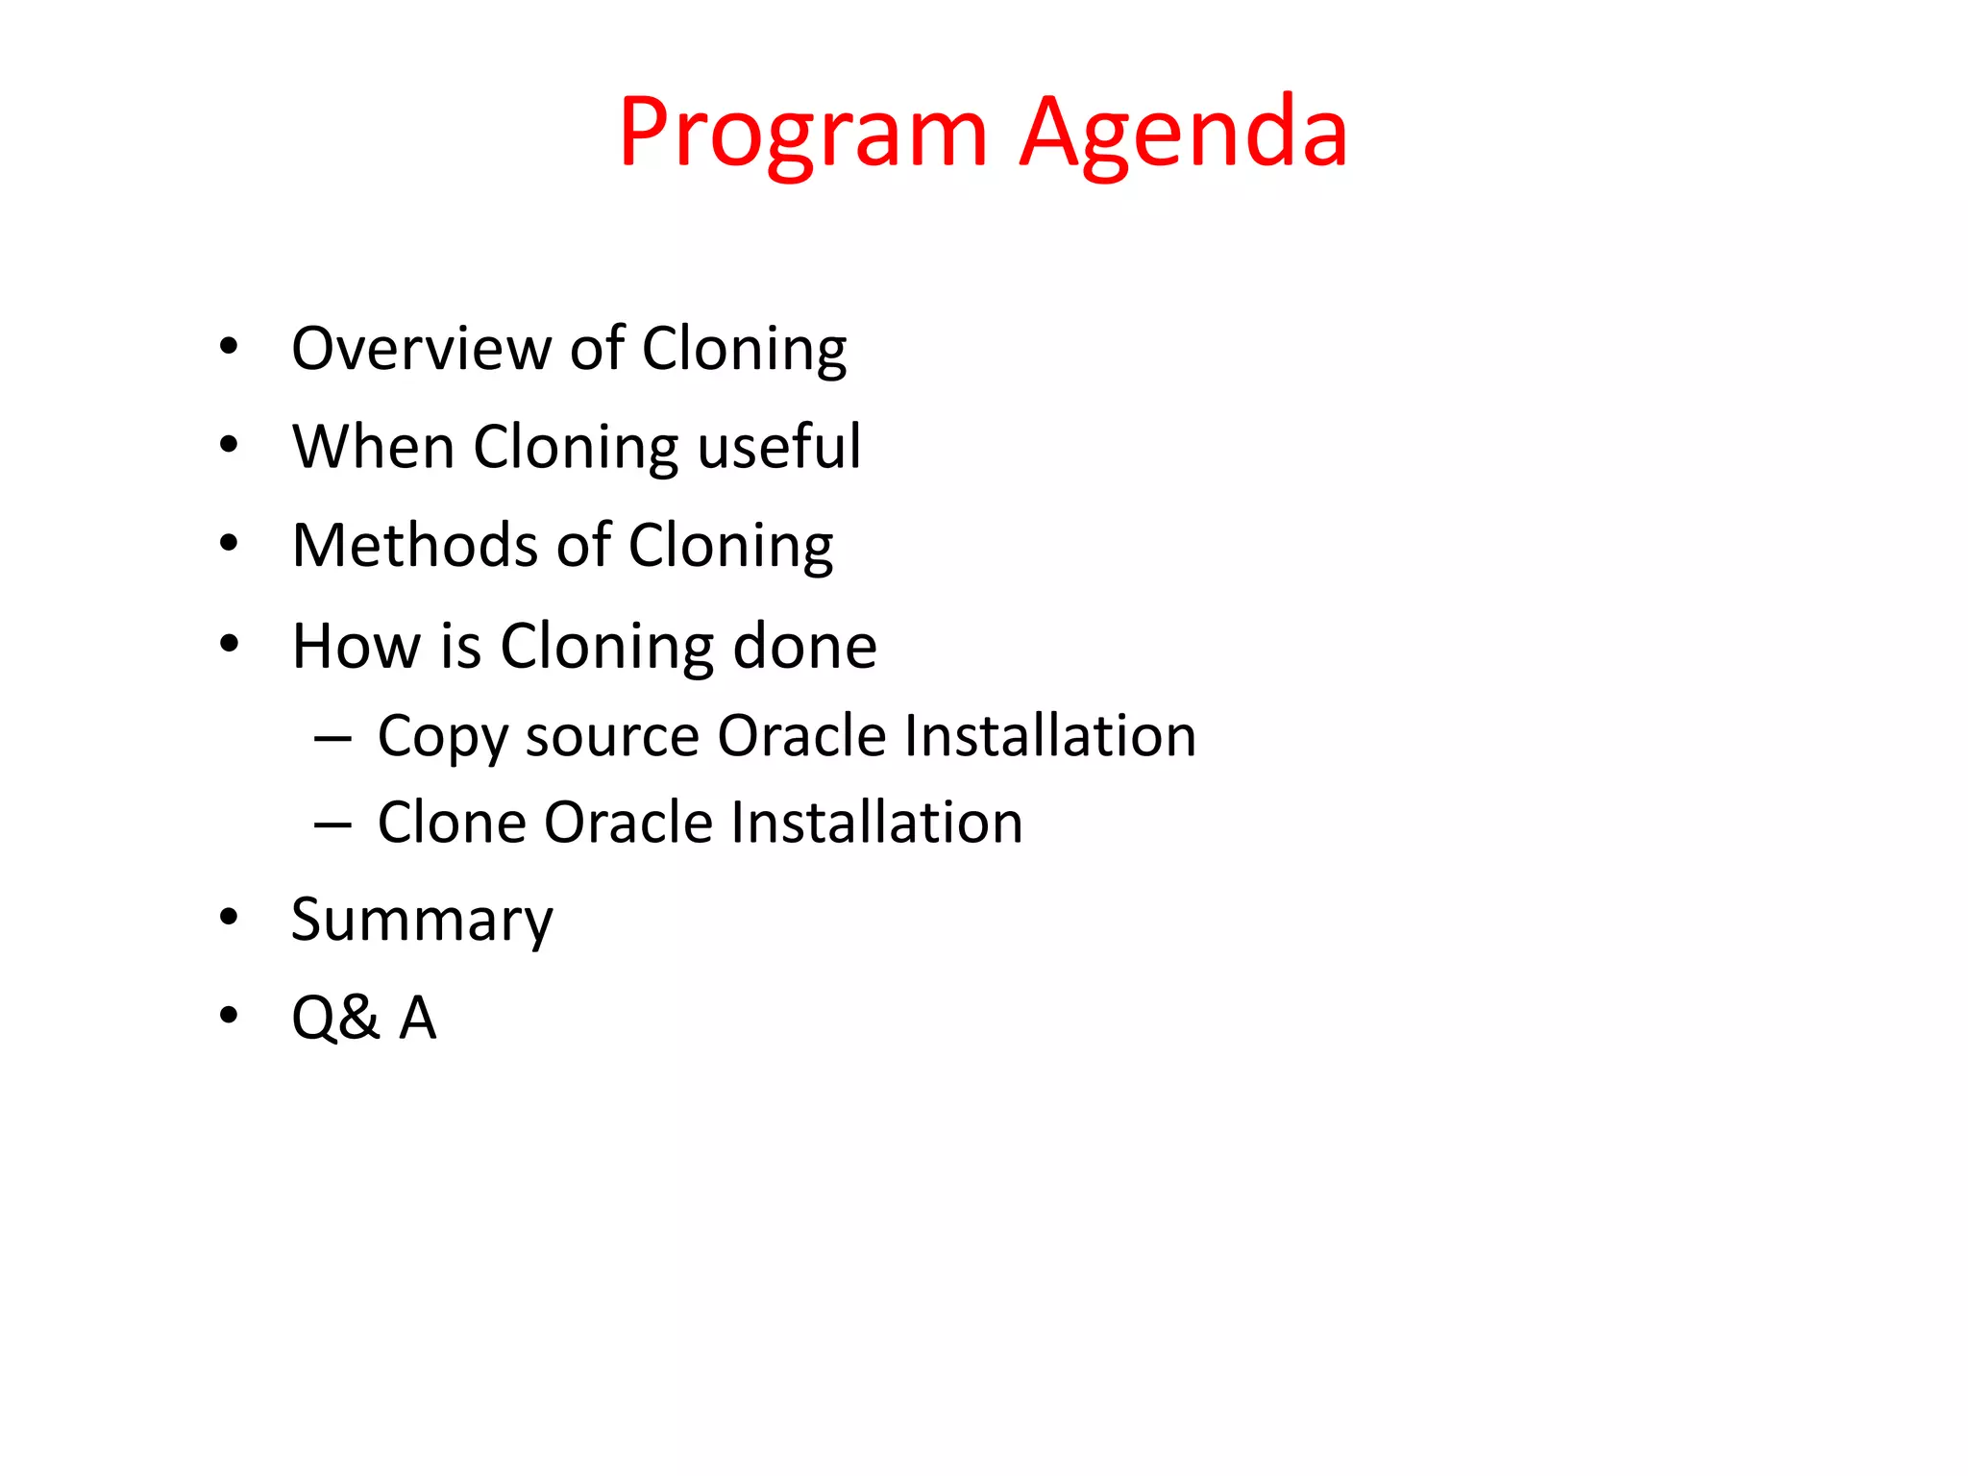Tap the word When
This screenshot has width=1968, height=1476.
pyautogui.click(x=373, y=447)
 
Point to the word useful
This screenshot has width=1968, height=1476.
pyautogui.click(x=779, y=447)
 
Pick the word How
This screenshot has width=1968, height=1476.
pyautogui.click(x=357, y=646)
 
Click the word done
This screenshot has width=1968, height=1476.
pyautogui.click(x=804, y=646)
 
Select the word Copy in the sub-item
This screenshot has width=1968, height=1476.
pyautogui.click(x=441, y=738)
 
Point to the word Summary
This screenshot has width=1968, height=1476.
pyautogui.click(x=422, y=921)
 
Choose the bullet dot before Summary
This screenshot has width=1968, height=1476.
pyautogui.click(x=229, y=918)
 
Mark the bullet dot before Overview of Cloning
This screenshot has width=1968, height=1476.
pyautogui.click(x=229, y=346)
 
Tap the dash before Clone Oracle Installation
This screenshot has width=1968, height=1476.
pyautogui.click(x=332, y=824)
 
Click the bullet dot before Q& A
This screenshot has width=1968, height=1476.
pyautogui.click(x=229, y=1016)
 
